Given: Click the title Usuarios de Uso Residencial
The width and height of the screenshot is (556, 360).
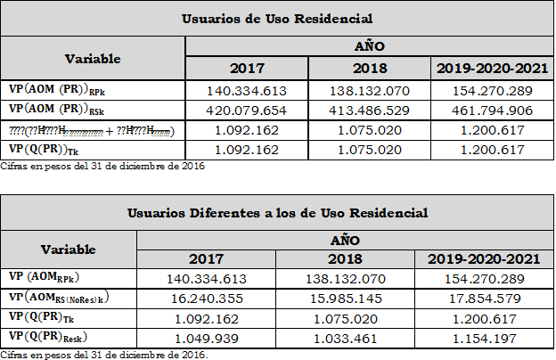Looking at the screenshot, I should pyautogui.click(x=276, y=19).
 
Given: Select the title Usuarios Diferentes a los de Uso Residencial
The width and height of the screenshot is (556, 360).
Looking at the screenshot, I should pyautogui.click(x=276, y=213).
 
